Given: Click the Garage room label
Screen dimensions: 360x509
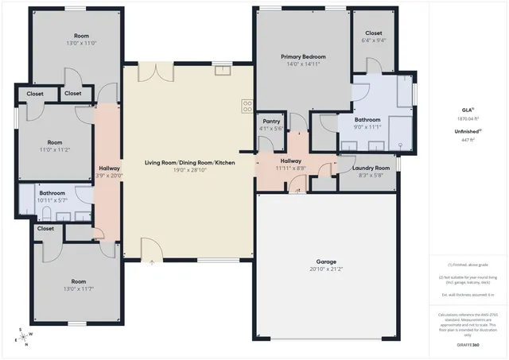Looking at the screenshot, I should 326,261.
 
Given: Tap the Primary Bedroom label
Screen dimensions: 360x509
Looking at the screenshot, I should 303,56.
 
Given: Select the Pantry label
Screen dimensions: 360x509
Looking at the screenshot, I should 271,121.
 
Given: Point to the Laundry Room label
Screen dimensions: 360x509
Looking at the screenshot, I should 371,168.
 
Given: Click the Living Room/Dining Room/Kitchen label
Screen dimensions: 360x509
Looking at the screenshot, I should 189,162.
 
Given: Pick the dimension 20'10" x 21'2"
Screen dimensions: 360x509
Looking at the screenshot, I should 326,269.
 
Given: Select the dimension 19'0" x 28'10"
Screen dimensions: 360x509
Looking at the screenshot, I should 189,169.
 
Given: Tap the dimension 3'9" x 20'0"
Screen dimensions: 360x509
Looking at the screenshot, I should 108,176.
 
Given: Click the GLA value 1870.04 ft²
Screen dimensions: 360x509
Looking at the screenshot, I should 468,118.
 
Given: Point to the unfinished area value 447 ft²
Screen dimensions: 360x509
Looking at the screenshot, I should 468,140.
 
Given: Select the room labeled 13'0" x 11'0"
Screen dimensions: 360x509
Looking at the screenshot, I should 81,43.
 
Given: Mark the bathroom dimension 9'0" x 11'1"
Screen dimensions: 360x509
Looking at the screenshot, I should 367,126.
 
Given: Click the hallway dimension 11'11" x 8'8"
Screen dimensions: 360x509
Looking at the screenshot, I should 289,168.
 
